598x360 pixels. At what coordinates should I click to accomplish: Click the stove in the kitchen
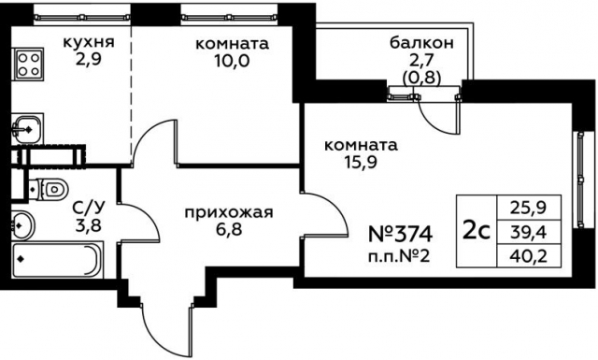(29, 64)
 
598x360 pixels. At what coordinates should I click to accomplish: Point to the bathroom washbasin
(22, 223)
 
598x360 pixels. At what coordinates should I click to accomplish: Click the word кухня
(89, 42)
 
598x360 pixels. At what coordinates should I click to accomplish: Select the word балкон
(422, 42)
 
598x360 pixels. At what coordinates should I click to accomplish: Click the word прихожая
(229, 212)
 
